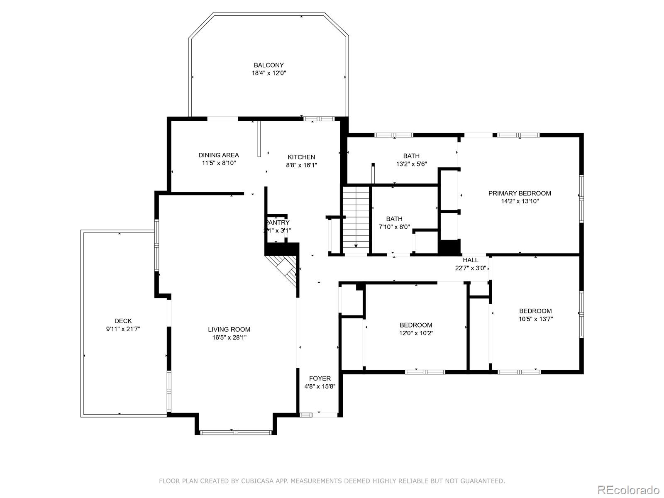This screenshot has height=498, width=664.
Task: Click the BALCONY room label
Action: click(x=269, y=65)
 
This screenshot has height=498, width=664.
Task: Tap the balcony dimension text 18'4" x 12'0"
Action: click(x=269, y=73)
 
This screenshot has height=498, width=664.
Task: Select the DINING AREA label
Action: click(x=218, y=155)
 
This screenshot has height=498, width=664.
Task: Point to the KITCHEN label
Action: click(x=301, y=157)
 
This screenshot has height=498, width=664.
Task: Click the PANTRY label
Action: click(x=277, y=223)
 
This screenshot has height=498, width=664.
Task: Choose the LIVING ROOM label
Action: click(x=229, y=330)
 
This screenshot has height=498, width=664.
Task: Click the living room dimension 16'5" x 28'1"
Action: click(x=229, y=337)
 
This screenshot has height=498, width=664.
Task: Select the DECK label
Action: click(x=123, y=321)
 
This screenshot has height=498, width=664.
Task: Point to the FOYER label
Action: click(x=320, y=378)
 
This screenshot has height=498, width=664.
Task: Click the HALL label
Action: click(x=471, y=260)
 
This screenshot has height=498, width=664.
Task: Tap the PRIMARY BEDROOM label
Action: click(x=520, y=193)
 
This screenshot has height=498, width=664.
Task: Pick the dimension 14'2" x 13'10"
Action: click(x=520, y=201)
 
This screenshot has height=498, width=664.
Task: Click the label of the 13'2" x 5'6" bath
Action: click(x=411, y=156)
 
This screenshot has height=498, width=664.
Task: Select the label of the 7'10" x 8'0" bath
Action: click(x=394, y=219)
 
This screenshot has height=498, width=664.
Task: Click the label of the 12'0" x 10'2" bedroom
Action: click(x=416, y=325)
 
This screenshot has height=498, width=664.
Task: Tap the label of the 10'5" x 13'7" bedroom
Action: click(x=535, y=311)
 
